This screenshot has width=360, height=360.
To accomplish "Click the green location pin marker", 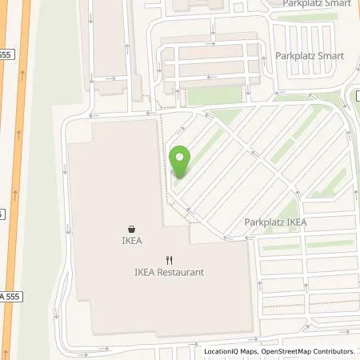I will pos(180,162).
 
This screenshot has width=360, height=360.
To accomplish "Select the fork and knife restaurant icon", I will pos(169,259).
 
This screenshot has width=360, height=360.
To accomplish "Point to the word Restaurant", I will pos(180,272).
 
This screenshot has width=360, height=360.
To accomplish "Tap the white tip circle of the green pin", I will pos(180,158).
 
